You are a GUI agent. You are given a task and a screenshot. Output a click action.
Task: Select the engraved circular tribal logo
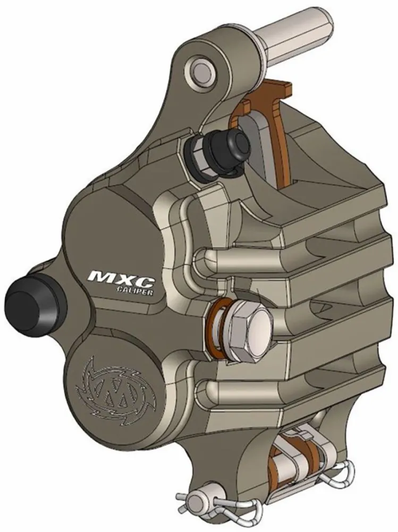tap(118, 384)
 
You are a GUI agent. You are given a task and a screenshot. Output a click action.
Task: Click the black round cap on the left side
tap(27, 302)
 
